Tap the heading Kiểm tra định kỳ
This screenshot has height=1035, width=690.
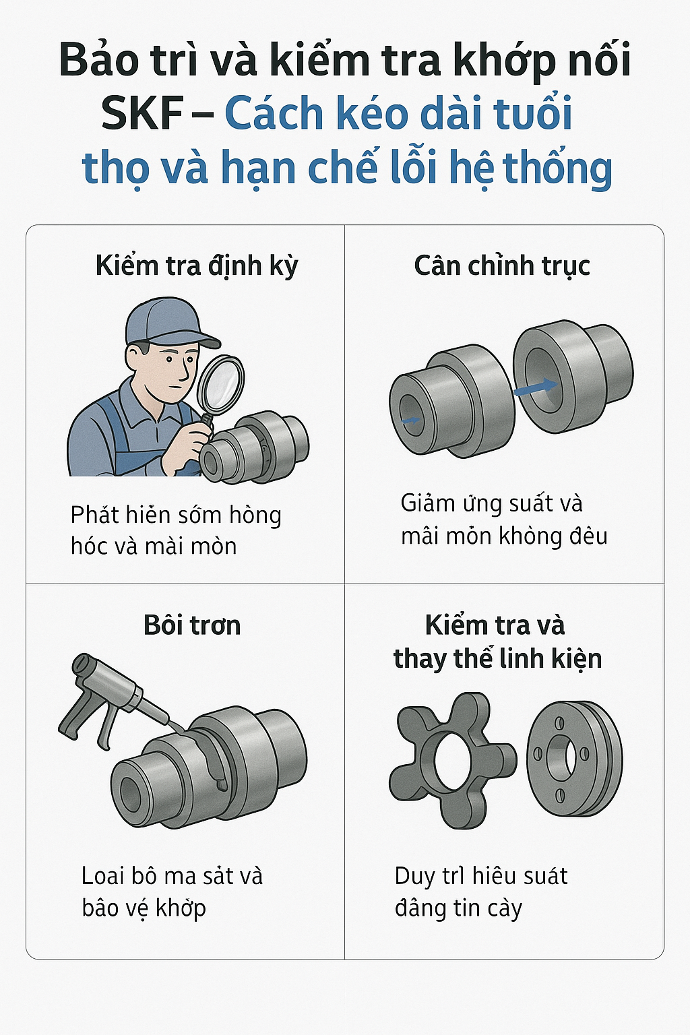pos(196,266)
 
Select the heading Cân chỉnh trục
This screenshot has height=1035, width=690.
pos(502,266)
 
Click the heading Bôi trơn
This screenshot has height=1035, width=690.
pos(192,625)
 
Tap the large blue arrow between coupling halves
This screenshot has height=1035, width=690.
pos(536,387)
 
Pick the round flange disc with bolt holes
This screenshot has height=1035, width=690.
pos(575,758)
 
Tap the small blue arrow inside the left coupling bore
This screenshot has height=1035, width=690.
pos(411,420)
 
